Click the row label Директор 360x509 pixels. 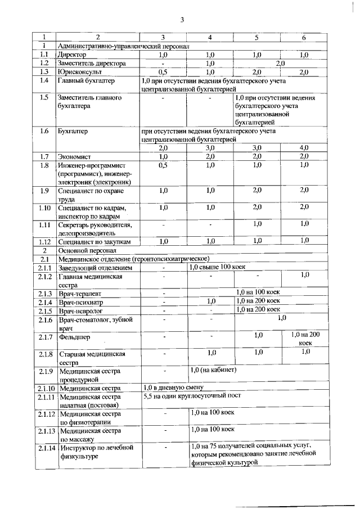click(72, 55)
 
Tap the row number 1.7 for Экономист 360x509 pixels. click(44, 156)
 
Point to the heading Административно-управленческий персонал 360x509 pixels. click(123, 46)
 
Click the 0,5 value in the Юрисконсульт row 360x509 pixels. click(163, 72)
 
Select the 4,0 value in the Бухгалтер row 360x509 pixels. click(304, 147)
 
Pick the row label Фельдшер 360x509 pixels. click(74, 337)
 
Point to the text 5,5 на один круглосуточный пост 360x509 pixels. click(191, 395)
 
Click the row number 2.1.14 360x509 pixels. click(44, 448)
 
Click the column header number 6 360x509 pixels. click(304, 38)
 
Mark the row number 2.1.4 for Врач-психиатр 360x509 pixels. click(44, 302)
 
